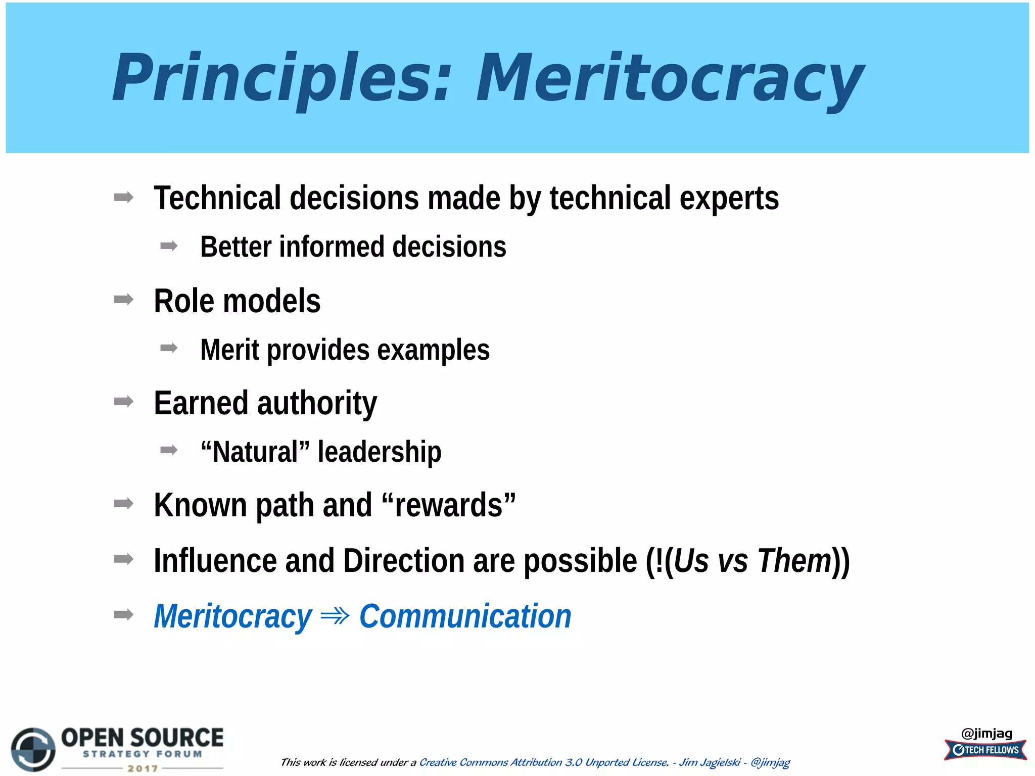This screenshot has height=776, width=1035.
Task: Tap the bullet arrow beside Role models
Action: [x=124, y=300]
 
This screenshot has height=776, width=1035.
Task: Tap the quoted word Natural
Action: [x=255, y=452]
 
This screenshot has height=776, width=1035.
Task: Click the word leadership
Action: [x=379, y=452]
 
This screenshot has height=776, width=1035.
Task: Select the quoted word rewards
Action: [x=449, y=505]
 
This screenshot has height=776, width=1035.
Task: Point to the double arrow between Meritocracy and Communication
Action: [x=335, y=616]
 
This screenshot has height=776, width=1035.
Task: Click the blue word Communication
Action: [x=465, y=616]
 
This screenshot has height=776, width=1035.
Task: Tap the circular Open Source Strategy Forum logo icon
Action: [x=33, y=749]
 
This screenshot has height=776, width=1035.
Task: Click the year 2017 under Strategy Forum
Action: [x=143, y=768]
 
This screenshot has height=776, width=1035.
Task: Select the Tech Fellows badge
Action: [x=985, y=750]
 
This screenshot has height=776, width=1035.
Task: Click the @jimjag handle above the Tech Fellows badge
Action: [x=986, y=733]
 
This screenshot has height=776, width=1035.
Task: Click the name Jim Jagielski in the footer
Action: [x=710, y=762]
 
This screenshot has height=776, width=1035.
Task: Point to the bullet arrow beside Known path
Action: [x=124, y=503]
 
